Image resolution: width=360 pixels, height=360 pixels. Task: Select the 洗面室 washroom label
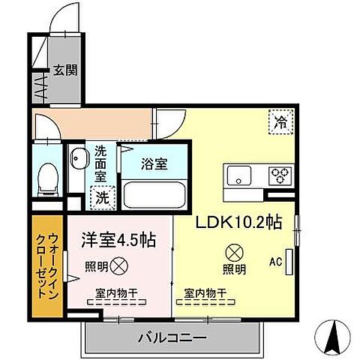100,165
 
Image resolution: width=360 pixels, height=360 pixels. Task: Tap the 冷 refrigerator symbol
279,121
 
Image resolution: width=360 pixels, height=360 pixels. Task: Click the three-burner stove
280,176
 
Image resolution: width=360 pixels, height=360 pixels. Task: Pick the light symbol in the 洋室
119,264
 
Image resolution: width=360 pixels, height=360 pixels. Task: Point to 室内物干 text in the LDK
205,293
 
